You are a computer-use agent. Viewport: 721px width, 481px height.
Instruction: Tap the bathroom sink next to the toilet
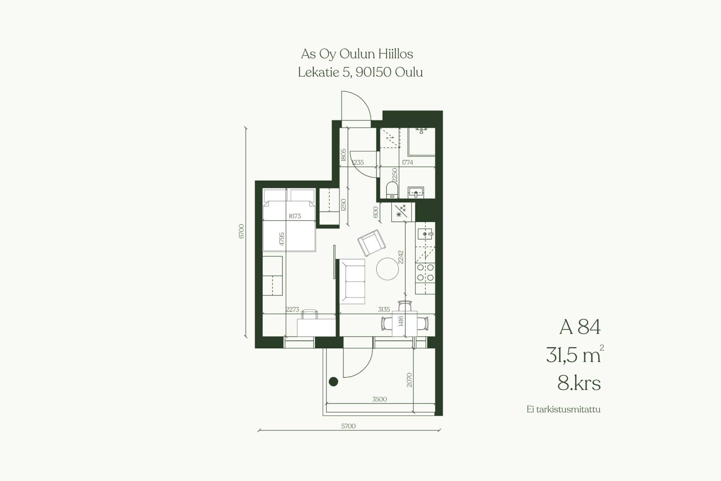416,192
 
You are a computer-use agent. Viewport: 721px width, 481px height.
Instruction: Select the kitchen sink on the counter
426,234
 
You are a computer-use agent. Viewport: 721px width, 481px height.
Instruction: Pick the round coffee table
388,269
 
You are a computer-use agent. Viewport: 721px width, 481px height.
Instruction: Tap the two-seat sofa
352,281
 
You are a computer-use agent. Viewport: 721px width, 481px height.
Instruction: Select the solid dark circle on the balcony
333,381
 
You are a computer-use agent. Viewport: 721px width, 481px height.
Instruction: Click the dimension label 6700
241,231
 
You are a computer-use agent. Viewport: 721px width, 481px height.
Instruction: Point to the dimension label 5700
348,426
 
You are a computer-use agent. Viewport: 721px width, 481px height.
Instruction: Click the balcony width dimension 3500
379,399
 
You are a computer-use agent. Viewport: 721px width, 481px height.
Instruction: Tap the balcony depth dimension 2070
409,380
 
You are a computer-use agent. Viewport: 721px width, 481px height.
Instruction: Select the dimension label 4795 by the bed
282,239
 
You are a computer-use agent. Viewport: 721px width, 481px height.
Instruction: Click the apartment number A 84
580,327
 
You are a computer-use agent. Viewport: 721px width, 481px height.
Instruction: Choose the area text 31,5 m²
575,354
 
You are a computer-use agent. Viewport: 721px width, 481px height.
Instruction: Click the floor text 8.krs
579,384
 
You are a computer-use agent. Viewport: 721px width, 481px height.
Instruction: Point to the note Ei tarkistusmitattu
564,410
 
